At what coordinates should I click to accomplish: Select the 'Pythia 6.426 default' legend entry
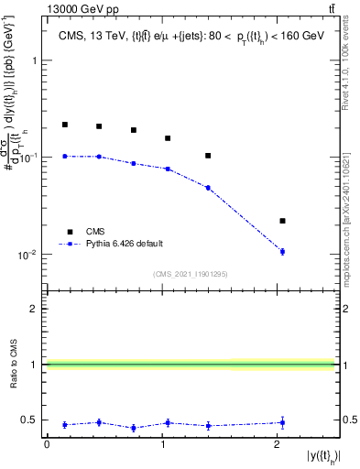(x=125, y=244)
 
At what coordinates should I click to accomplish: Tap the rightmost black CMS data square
(x=282, y=221)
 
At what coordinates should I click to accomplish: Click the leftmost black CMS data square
(x=65, y=125)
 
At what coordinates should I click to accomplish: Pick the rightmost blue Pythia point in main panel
(x=282, y=251)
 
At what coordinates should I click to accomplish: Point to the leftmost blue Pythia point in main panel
(x=65, y=157)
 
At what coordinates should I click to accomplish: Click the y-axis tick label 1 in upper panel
(x=35, y=60)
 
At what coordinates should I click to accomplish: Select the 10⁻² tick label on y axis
(x=28, y=255)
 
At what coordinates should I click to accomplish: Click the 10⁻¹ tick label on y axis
(x=28, y=158)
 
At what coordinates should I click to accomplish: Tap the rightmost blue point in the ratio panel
(x=282, y=422)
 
